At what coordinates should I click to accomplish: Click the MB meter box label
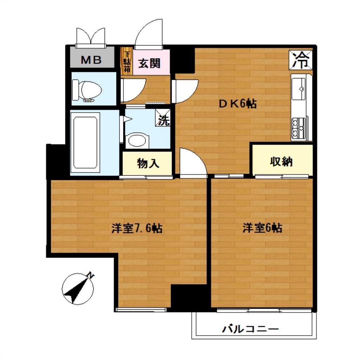coord(91,60)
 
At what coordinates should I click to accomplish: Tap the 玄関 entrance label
coord(149,63)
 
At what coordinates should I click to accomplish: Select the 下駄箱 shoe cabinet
coord(127,61)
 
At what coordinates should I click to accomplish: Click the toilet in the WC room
coord(87,91)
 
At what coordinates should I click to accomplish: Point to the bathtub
coord(85,143)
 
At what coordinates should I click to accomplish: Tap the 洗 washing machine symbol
coord(163,118)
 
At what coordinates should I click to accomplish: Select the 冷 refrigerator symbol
coord(301,60)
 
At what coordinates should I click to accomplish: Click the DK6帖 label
coord(237,104)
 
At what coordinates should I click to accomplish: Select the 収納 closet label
coord(281,162)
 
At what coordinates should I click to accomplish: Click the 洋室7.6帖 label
coord(137,228)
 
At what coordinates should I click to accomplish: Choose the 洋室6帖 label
coord(262,228)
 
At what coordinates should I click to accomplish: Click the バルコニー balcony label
coord(250,329)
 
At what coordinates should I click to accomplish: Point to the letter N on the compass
coord(91,276)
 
